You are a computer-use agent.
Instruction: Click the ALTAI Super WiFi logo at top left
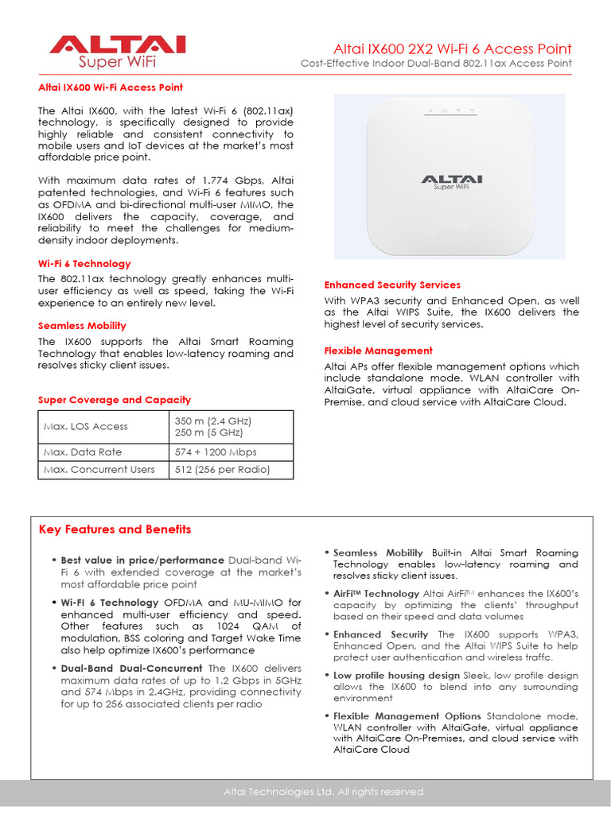[117, 52]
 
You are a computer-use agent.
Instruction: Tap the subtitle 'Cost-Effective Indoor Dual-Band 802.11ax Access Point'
[435, 64]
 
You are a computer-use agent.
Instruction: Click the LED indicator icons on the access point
[450, 110]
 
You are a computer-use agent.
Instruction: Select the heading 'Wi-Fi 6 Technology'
[84, 264]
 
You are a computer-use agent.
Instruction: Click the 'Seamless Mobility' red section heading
[82, 326]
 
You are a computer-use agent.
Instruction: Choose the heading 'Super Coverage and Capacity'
[115, 400]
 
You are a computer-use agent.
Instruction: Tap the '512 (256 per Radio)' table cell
[223, 470]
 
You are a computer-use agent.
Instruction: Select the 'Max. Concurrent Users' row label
[99, 470]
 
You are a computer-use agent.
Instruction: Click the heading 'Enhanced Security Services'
[392, 285]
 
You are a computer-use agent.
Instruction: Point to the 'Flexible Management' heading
[379, 351]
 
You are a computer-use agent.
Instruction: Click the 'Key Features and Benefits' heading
[115, 529]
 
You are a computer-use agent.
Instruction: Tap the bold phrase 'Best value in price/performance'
[142, 560]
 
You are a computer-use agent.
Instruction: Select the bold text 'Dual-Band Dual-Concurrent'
[133, 669]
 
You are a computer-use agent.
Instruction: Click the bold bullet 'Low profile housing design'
[396, 675]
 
